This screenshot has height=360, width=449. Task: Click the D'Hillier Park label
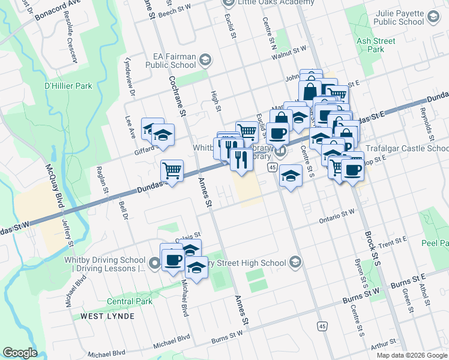point(68,86)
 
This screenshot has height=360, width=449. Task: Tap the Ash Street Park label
point(376,45)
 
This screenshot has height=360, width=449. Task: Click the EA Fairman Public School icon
point(205,59)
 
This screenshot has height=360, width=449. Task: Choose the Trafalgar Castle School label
point(408,148)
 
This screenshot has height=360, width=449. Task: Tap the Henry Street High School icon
point(295,262)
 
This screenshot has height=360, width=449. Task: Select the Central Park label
point(130,301)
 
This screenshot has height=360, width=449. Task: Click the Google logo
point(20,353)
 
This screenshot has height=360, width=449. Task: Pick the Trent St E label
point(393,242)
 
